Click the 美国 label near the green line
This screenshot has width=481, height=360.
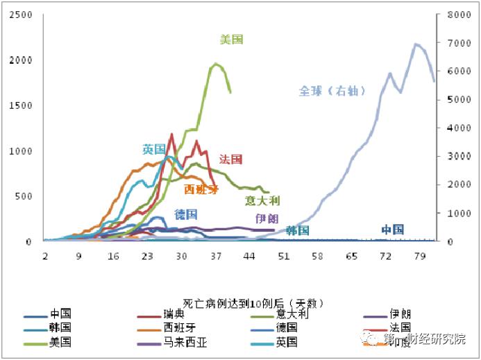[231, 40]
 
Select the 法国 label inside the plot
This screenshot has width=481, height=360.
[230, 160]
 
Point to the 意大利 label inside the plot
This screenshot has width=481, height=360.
[262, 201]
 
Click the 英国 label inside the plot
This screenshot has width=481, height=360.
[154, 149]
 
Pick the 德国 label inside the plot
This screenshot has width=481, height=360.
[185, 214]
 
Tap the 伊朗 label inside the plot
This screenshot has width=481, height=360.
[267, 218]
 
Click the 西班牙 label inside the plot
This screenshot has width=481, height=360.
[201, 189]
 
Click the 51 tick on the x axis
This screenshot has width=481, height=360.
[283, 256]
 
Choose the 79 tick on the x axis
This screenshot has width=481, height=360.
[419, 256]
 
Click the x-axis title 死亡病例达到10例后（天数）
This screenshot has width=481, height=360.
[253, 303]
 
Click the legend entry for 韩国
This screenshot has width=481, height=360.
[60, 328]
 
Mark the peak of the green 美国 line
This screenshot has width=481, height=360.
[217, 64]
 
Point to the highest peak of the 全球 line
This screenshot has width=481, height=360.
[416, 44]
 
